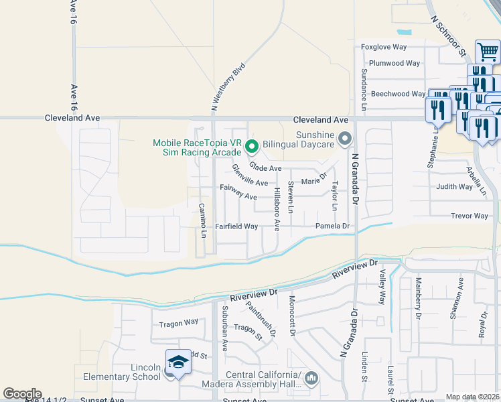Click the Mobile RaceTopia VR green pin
(x=252, y=145)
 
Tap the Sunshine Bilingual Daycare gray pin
(x=345, y=139)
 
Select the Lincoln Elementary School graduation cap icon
(x=178, y=363)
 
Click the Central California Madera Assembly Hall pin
(x=311, y=379)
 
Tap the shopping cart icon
(x=487, y=52)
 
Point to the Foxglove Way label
(x=384, y=47)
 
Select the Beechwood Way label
(x=398, y=94)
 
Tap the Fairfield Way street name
(x=236, y=226)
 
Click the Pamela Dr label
(x=333, y=226)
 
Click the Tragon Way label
(x=179, y=323)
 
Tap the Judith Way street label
(x=454, y=187)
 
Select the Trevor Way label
(x=470, y=216)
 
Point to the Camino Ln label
(x=202, y=219)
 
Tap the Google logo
(x=22, y=393)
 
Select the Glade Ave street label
(x=265, y=167)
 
